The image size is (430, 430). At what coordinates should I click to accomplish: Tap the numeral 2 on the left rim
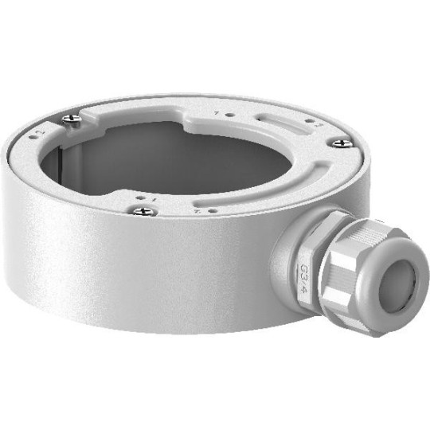coord(41,127)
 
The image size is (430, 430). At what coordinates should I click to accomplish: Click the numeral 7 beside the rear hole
coord(217,114)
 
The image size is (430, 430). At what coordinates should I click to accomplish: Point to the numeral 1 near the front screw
coord(150,195)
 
